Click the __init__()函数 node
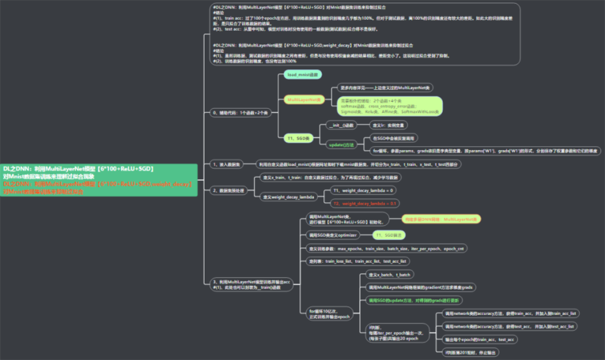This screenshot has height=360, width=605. click(341, 125)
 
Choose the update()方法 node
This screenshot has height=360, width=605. click(342, 145)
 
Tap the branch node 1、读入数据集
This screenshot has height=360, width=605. click(227, 164)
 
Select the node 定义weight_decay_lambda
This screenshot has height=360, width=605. click(288, 197)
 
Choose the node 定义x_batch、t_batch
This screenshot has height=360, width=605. click(389, 274)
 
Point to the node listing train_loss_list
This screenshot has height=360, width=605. click(358, 262)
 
